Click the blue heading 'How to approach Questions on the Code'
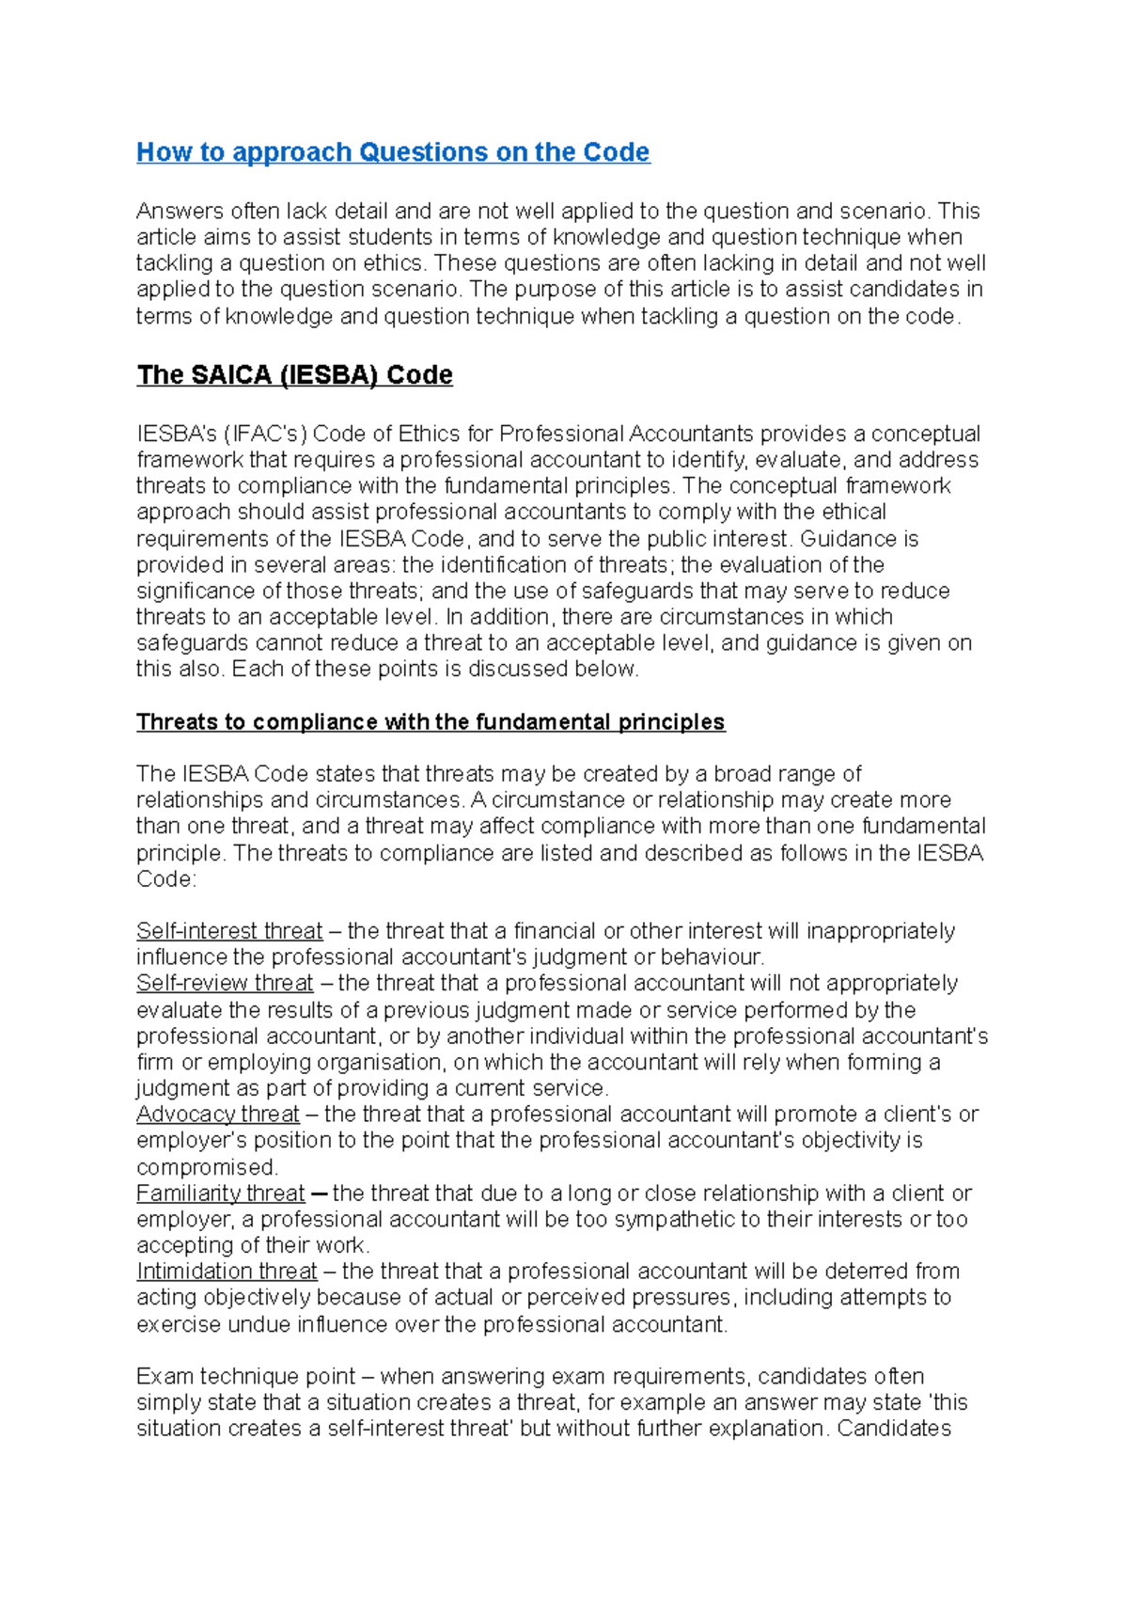pyautogui.click(x=393, y=152)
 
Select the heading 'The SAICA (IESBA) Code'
pyautogui.click(x=294, y=375)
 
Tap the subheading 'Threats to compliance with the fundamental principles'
pyautogui.click(x=431, y=722)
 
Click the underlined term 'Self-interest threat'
pyautogui.click(x=229, y=931)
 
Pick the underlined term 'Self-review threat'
pyautogui.click(x=225, y=983)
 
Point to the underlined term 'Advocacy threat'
pyautogui.click(x=218, y=1115)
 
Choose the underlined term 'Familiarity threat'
pyautogui.click(x=221, y=1194)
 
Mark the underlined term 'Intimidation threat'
pyautogui.click(x=227, y=1272)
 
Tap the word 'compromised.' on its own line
pyautogui.click(x=208, y=1167)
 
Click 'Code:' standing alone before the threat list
pyautogui.click(x=166, y=879)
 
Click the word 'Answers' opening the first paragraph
pyautogui.click(x=180, y=211)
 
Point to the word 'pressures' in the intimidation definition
pyautogui.click(x=686, y=1298)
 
